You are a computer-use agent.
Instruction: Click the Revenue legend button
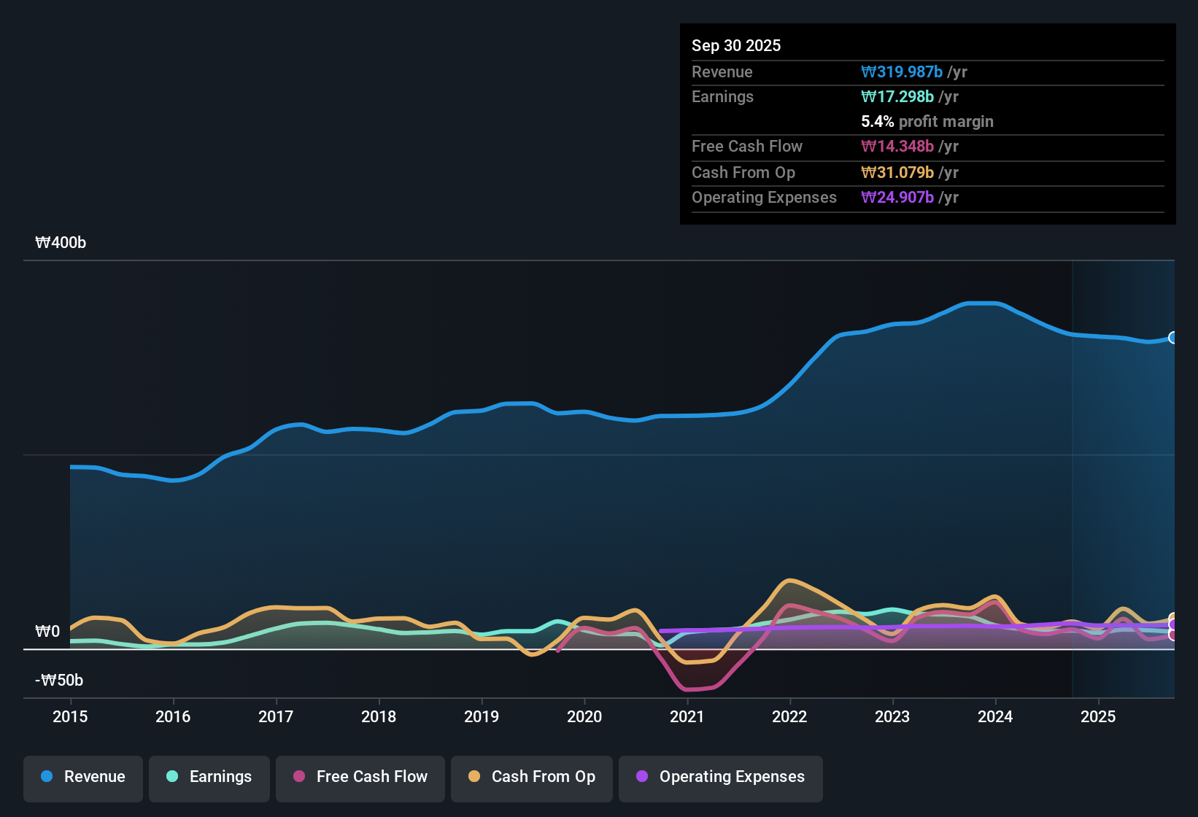pyautogui.click(x=83, y=777)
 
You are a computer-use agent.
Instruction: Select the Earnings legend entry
pyautogui.click(x=209, y=777)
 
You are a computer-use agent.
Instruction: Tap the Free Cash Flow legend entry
pyautogui.click(x=360, y=777)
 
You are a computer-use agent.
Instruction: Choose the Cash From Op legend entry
pyautogui.click(x=531, y=777)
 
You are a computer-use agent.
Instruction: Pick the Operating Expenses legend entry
pyautogui.click(x=720, y=777)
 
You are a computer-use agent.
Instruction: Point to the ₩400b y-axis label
pyautogui.click(x=61, y=243)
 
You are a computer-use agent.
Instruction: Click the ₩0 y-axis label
pyautogui.click(x=47, y=631)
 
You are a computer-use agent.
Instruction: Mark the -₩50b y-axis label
pyautogui.click(x=59, y=681)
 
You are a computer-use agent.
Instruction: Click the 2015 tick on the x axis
pyautogui.click(x=70, y=716)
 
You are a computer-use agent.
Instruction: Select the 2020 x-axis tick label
pyautogui.click(x=584, y=716)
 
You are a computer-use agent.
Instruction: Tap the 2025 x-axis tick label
pyautogui.click(x=1098, y=716)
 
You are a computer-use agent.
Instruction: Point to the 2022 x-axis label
pyautogui.click(x=789, y=716)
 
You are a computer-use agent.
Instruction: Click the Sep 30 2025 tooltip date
pyautogui.click(x=736, y=45)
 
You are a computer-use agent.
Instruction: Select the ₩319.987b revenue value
pyautogui.click(x=902, y=71)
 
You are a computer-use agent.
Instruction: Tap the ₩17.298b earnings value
pyautogui.click(x=897, y=96)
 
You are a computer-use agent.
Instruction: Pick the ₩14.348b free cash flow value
pyautogui.click(x=897, y=146)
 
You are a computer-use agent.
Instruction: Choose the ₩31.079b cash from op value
pyautogui.click(x=897, y=172)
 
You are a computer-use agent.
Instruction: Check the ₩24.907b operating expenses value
pyautogui.click(x=897, y=197)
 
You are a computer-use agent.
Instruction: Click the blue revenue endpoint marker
pyautogui.click(x=1172, y=338)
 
